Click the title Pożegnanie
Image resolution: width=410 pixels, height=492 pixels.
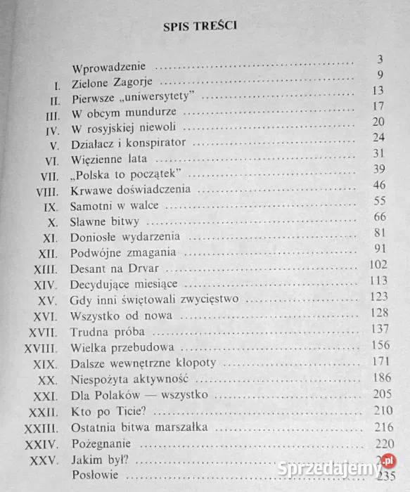pyautogui.click(x=101, y=445)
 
